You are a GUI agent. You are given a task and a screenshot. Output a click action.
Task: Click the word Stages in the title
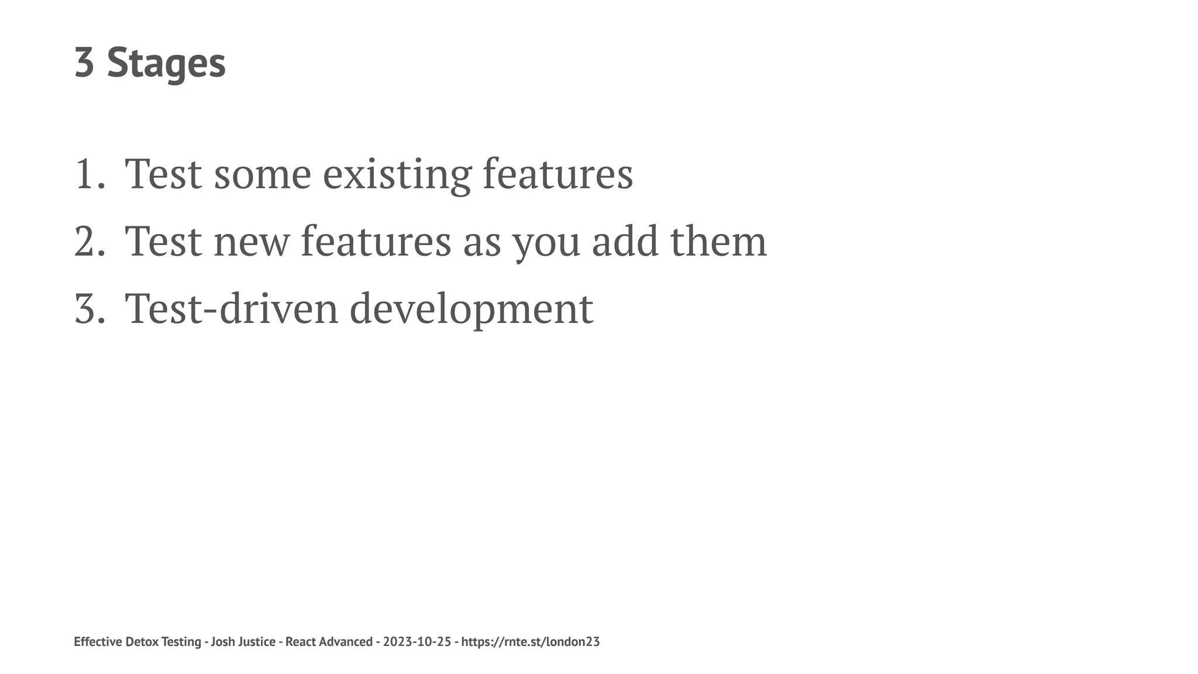tap(166, 63)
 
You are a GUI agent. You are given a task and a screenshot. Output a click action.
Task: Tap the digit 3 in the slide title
tap(84, 63)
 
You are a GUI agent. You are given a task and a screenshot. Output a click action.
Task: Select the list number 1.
tap(87, 174)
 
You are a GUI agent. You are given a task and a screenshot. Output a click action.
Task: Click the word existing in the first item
tap(397, 174)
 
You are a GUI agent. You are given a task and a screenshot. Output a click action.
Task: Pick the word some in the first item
tap(262, 174)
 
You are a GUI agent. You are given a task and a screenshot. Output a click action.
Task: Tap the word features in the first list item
tap(557, 174)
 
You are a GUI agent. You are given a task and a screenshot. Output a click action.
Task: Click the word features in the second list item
tap(376, 241)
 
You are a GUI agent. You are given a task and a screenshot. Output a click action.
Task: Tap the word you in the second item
tap(546, 241)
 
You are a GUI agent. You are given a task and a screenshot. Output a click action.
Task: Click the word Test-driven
tap(232, 308)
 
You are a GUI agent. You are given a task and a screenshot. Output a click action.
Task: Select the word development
tap(471, 308)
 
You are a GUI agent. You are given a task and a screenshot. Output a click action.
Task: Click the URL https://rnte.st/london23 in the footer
tap(531, 642)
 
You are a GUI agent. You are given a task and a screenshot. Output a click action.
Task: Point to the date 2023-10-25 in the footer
tap(417, 642)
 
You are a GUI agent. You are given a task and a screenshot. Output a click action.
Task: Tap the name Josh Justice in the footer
tap(243, 642)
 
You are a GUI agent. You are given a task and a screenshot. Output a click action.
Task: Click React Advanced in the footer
tap(329, 642)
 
